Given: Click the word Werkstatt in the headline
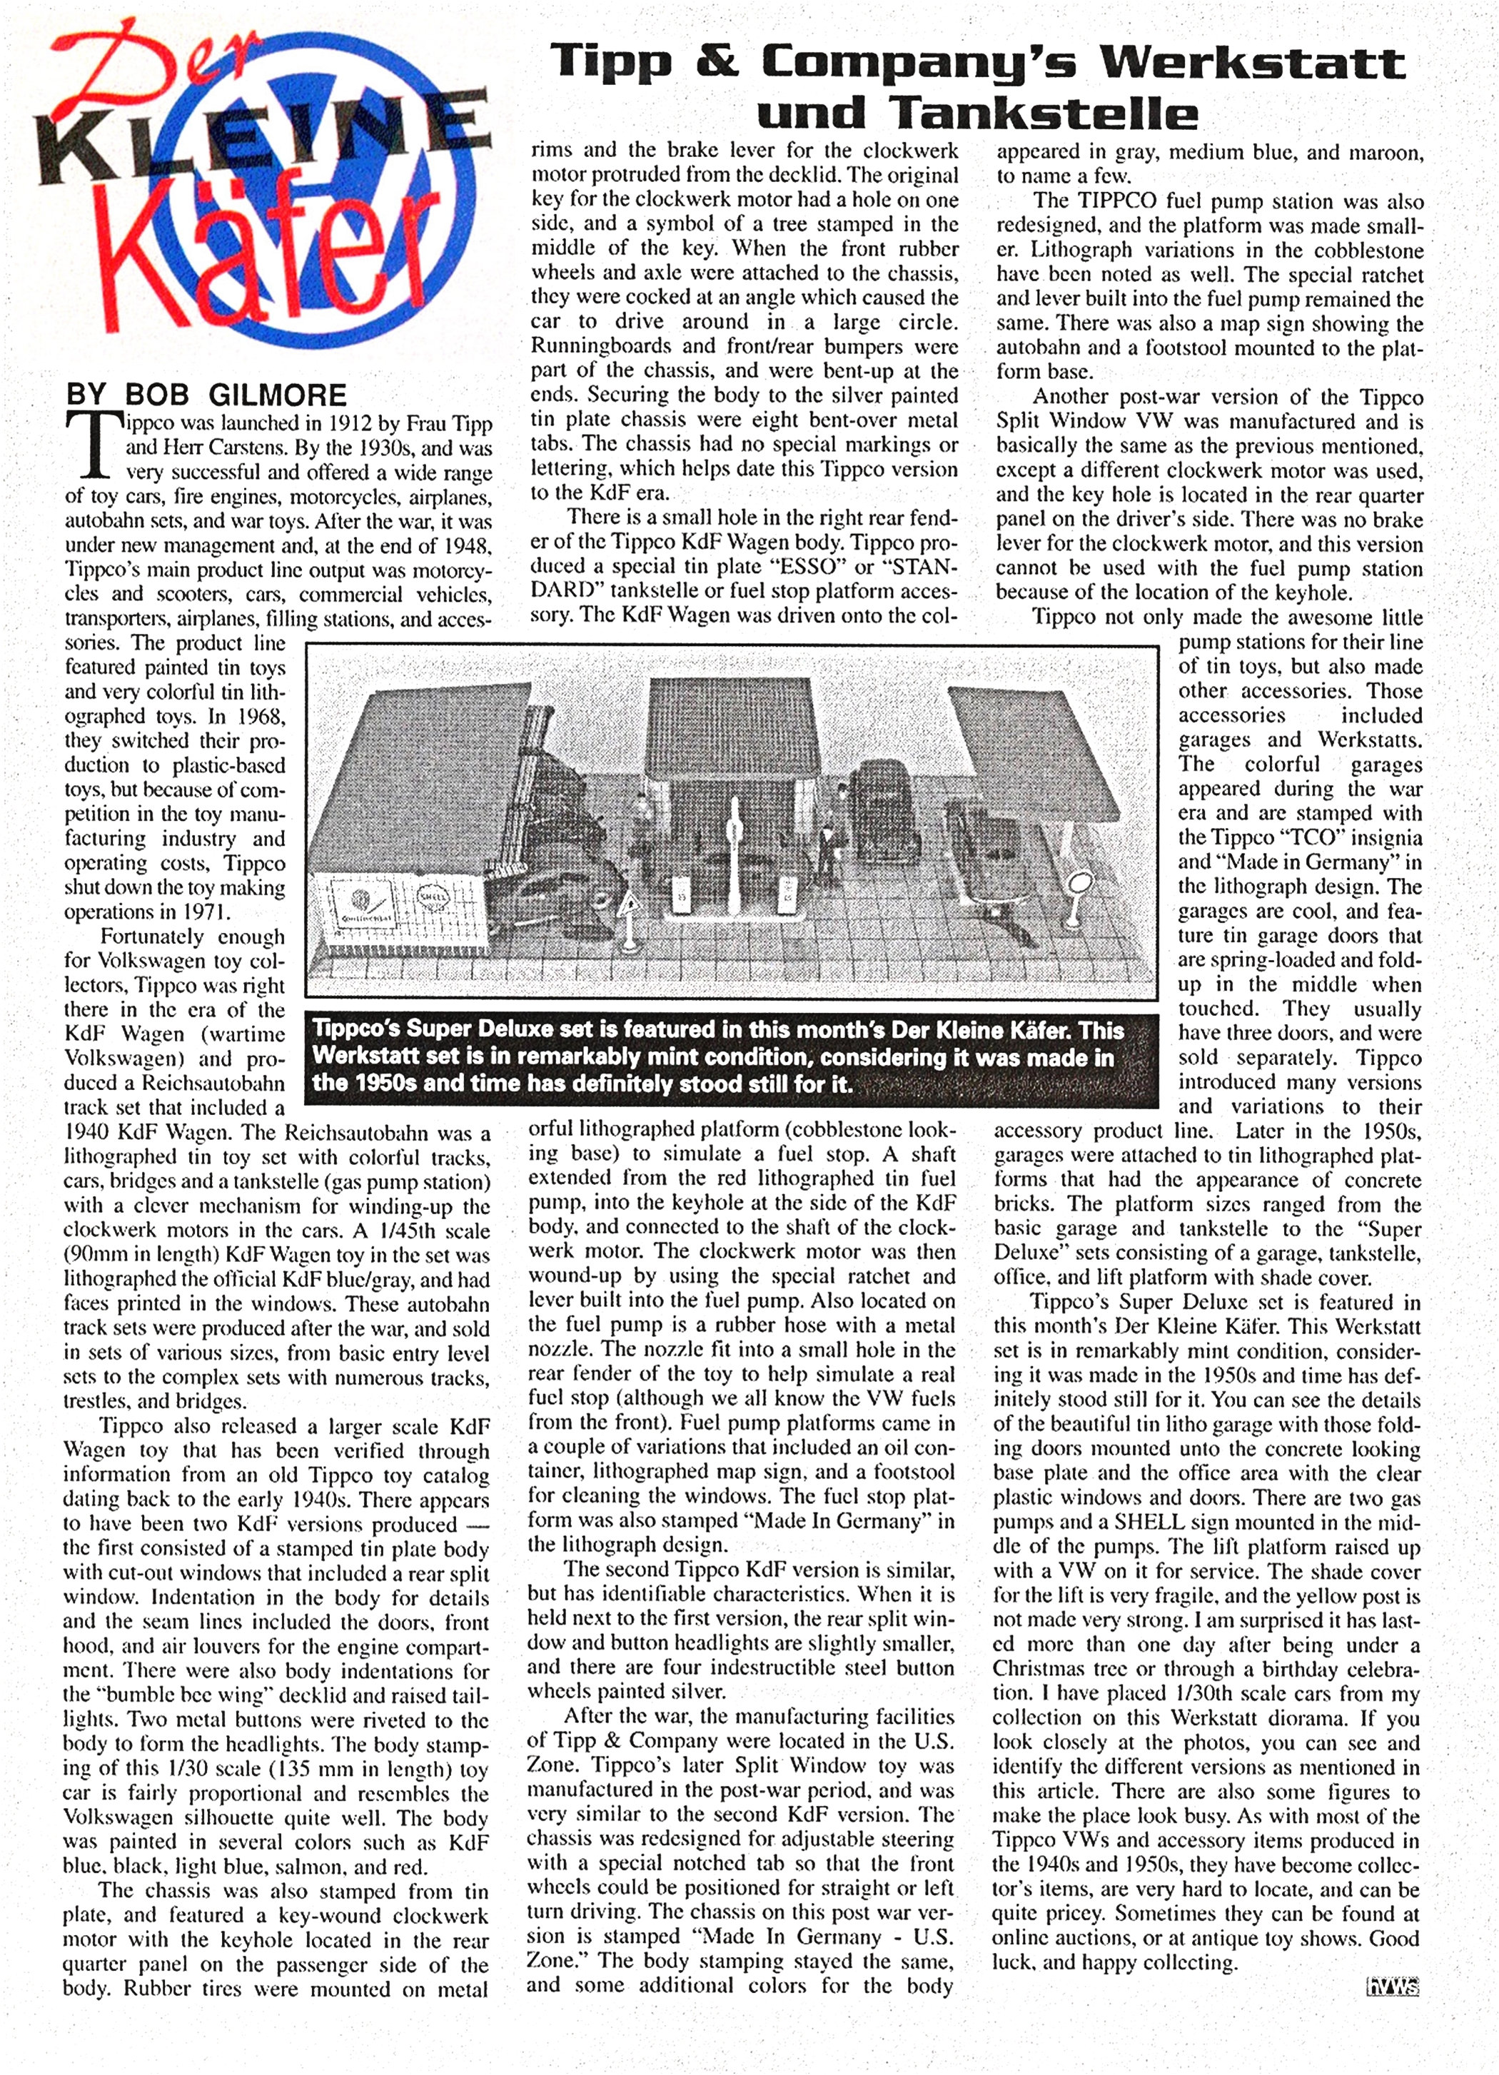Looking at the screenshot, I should pyautogui.click(x=1251, y=62).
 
